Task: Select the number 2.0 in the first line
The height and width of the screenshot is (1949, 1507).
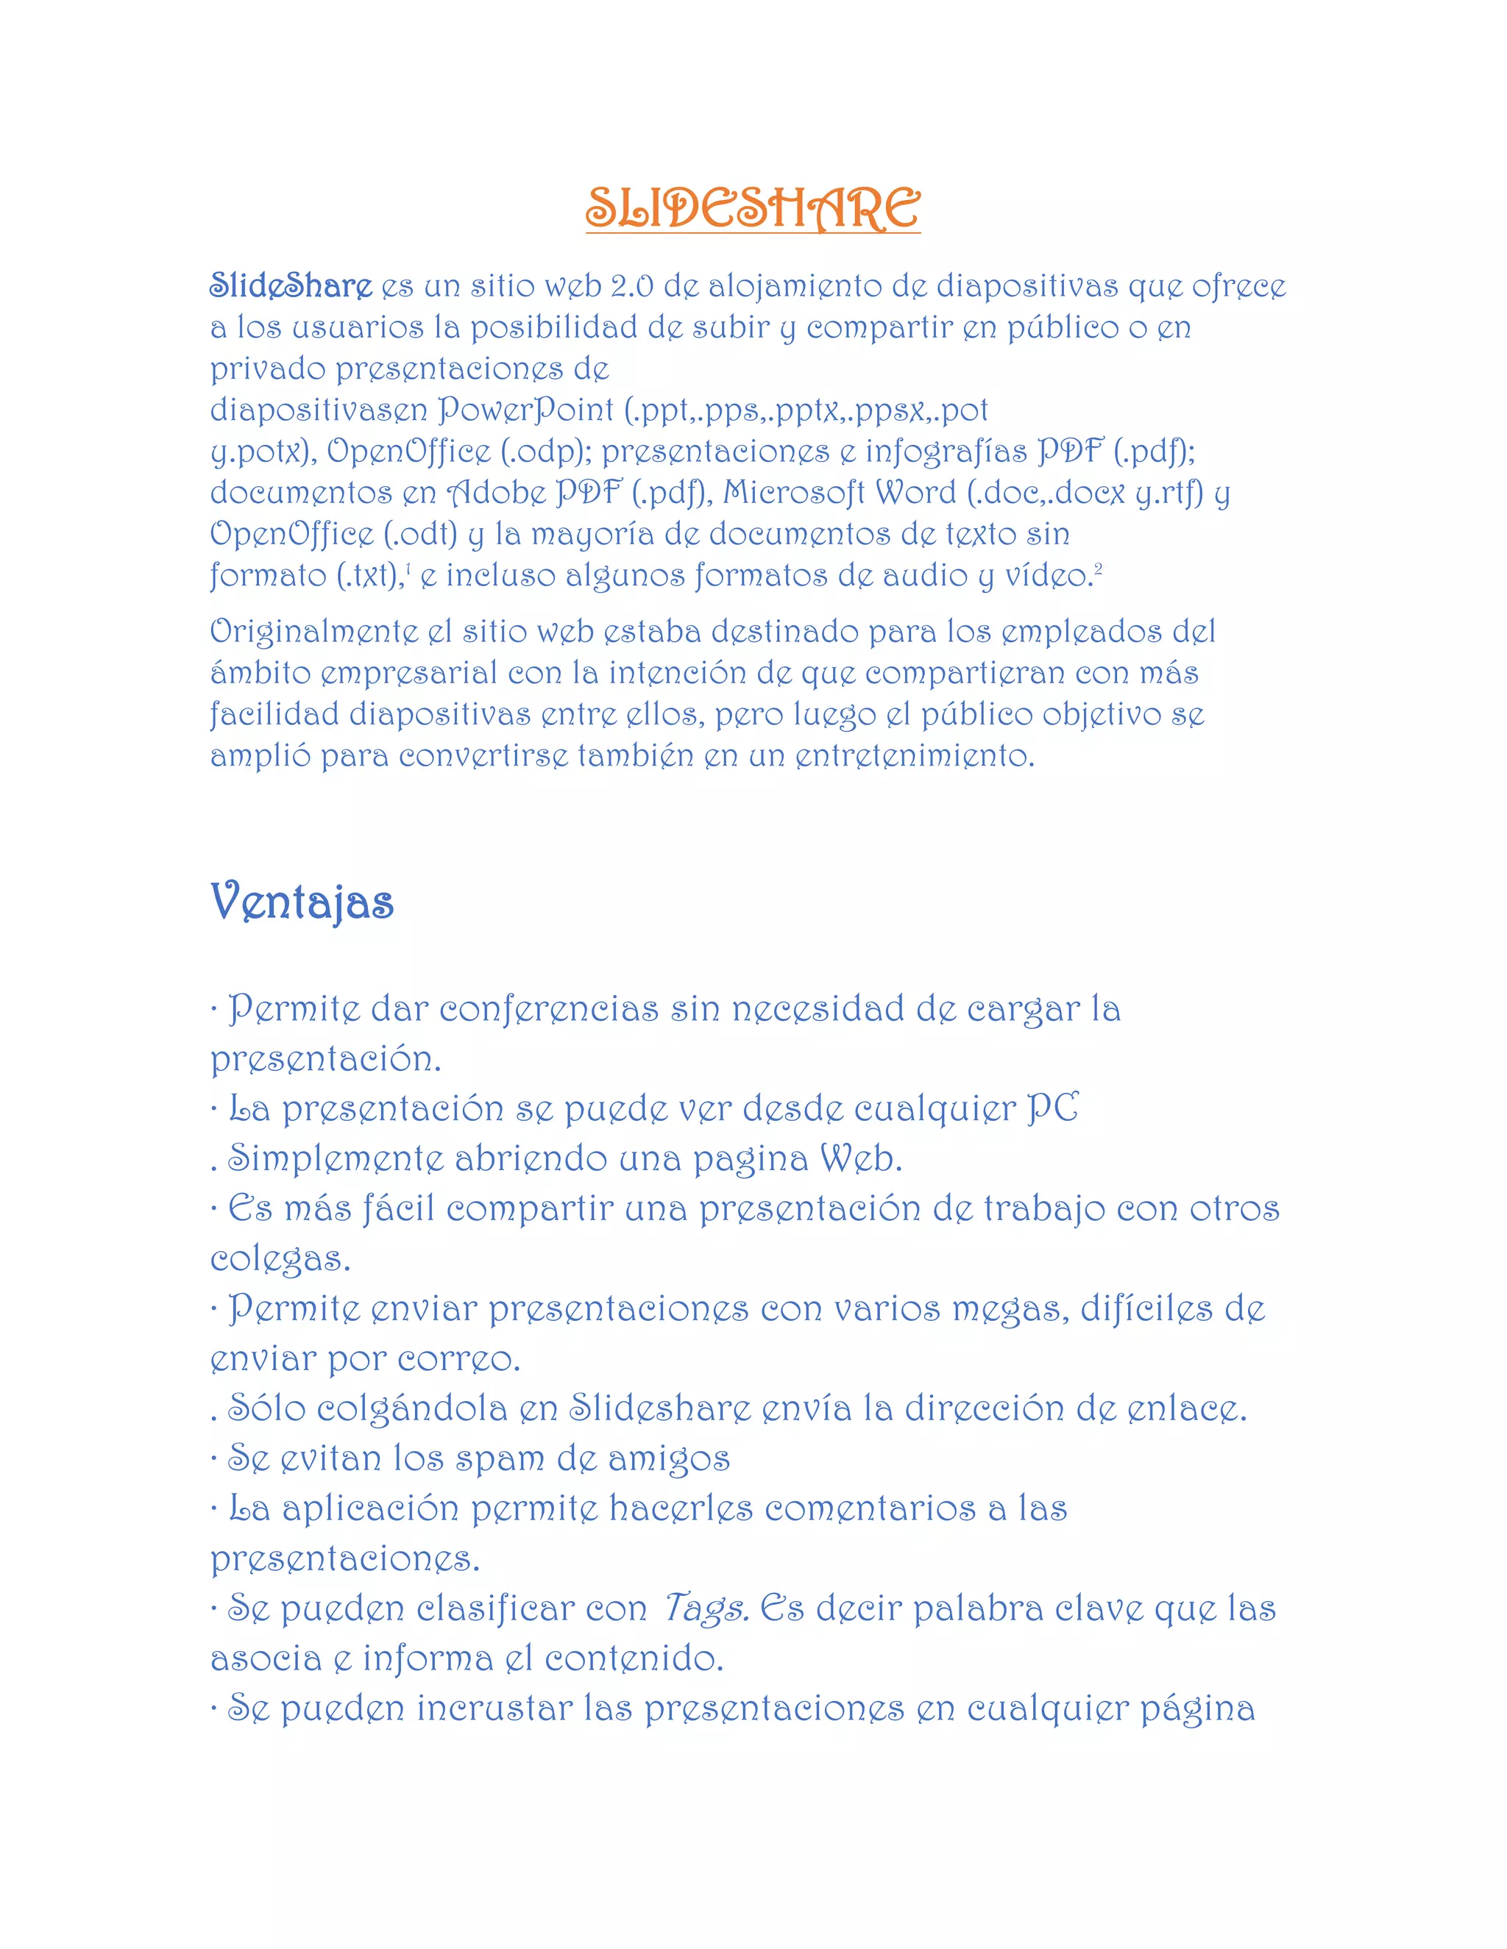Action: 632,286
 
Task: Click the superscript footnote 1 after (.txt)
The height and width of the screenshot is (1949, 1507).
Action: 409,569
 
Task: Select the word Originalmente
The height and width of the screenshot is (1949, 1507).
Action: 313,633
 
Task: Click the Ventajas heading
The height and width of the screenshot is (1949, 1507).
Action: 302,902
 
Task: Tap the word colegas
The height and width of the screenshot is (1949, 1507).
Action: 280,1259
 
